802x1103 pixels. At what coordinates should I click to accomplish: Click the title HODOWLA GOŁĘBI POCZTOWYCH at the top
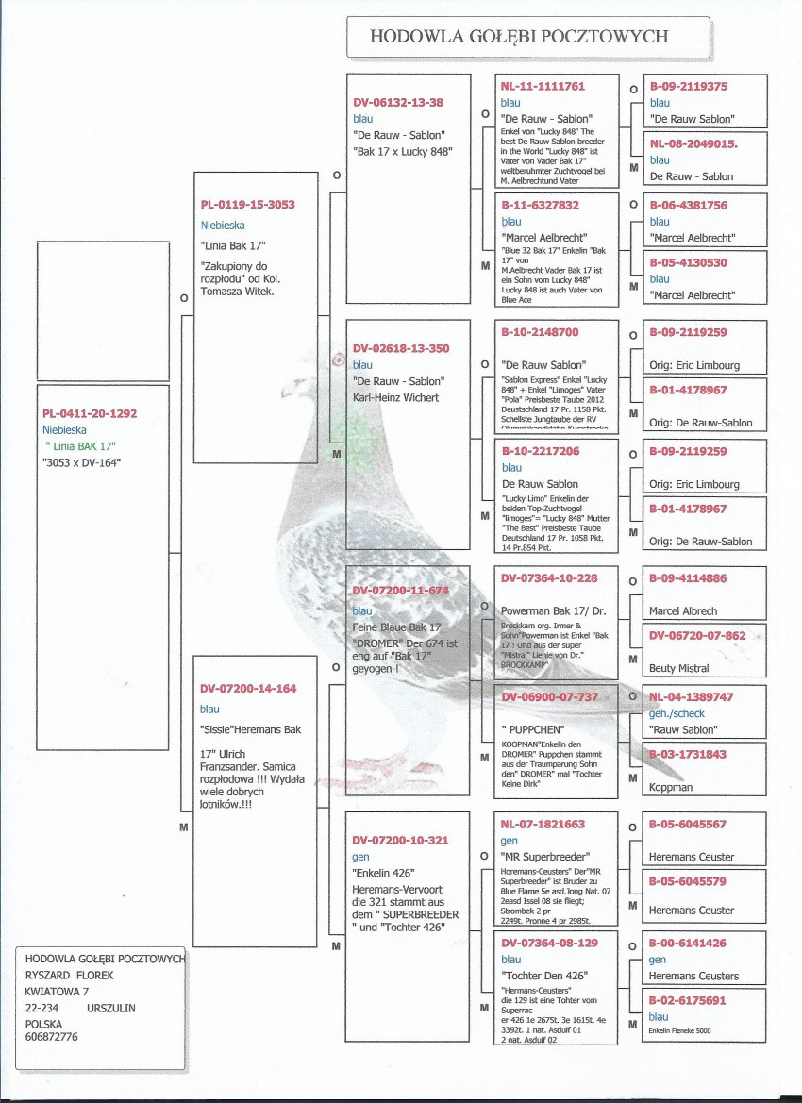click(x=519, y=37)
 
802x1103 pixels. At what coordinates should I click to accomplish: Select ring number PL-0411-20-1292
click(x=90, y=413)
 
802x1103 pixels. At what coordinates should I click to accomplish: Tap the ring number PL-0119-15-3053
click(x=247, y=204)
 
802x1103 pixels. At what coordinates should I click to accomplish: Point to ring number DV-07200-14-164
click(x=247, y=689)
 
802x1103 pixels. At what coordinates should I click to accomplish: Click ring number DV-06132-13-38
click(x=397, y=102)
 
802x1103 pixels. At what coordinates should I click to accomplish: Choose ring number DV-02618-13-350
click(x=400, y=349)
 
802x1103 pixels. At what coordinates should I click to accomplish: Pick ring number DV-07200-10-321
click(x=400, y=840)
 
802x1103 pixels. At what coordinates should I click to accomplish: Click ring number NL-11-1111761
click(x=543, y=86)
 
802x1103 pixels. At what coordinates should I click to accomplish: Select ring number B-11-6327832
click(x=540, y=205)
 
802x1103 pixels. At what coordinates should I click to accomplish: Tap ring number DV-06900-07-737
click(x=549, y=696)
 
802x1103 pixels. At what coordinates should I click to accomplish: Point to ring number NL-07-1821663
click(x=543, y=824)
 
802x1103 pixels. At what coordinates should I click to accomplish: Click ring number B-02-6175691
click(x=687, y=1001)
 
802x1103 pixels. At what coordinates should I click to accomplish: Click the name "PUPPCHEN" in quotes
click(x=533, y=729)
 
